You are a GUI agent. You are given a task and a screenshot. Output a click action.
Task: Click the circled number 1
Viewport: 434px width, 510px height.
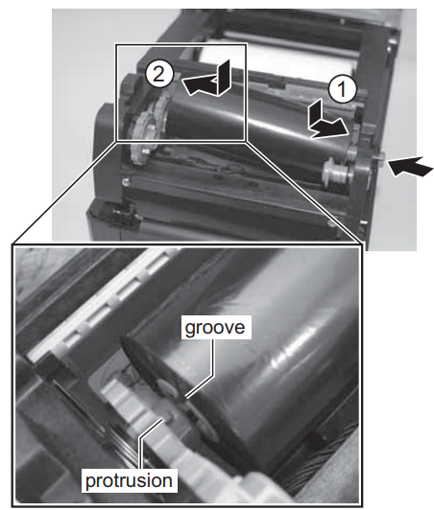pyautogui.click(x=343, y=89)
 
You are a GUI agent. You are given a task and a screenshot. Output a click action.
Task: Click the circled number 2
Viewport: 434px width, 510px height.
pyautogui.click(x=159, y=75)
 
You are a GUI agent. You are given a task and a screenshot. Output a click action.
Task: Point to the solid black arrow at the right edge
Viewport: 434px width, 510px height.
pyautogui.click(x=411, y=166)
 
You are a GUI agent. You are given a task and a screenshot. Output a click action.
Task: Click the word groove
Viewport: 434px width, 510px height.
pyautogui.click(x=215, y=328)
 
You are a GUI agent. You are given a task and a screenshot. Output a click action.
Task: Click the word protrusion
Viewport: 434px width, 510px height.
pyautogui.click(x=129, y=480)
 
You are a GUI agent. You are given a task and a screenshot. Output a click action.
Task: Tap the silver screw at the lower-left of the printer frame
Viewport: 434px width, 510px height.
pyautogui.click(x=125, y=182)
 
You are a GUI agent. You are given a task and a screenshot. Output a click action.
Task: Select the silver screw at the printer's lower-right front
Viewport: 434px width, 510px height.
pyautogui.click(x=331, y=223)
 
